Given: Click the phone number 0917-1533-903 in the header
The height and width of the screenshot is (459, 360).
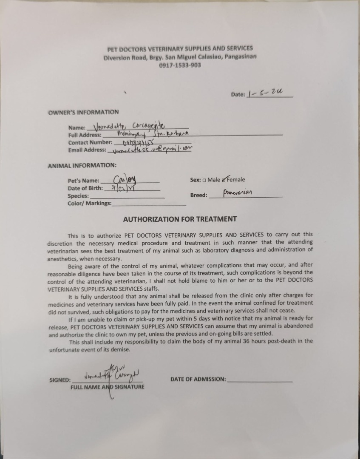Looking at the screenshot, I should click(180, 65).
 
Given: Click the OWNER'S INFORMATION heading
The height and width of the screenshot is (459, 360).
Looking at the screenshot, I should click(83, 112).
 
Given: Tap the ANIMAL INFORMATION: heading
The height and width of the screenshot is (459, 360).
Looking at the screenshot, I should click(82, 165).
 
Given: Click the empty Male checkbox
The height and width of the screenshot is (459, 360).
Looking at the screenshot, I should click(204, 180).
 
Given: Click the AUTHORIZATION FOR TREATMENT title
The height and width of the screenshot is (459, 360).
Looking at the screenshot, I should click(180, 219).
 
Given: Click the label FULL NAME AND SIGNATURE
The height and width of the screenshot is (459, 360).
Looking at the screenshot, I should click(108, 387).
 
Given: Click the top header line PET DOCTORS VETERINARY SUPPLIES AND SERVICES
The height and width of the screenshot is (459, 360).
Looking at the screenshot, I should click(180, 48).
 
